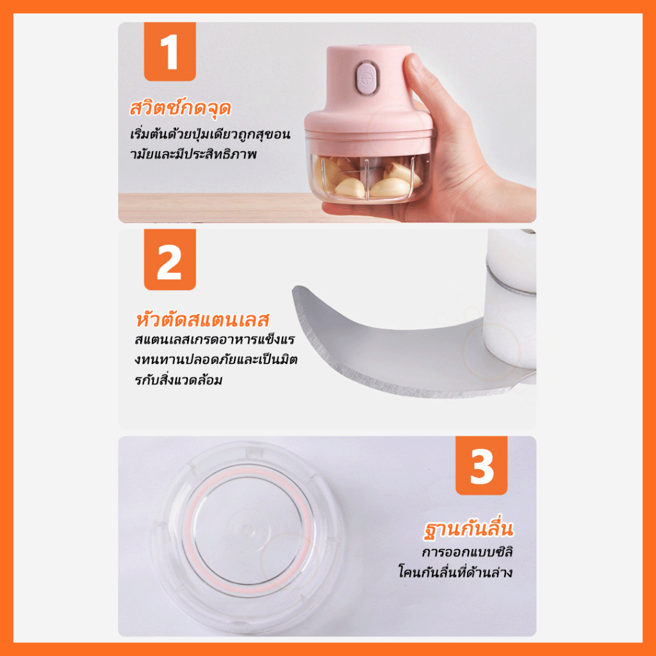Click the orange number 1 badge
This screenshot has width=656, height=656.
pyautogui.click(x=170, y=51)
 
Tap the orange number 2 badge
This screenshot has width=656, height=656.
pyautogui.click(x=170, y=259)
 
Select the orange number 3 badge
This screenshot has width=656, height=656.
pyautogui.click(x=482, y=466)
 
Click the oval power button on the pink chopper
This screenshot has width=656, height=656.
pyautogui.click(x=366, y=78)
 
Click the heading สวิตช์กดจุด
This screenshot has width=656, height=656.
pyautogui.click(x=180, y=108)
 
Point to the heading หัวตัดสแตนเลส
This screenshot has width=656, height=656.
pyautogui.click(x=202, y=320)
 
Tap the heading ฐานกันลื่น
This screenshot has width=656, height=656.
pyautogui.click(x=468, y=529)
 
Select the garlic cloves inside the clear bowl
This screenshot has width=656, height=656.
pyautogui.click(x=364, y=178)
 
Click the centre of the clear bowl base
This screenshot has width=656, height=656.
pyautogui.click(x=249, y=531)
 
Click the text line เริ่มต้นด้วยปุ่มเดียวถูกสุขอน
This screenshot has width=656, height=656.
pyautogui.click(x=210, y=135)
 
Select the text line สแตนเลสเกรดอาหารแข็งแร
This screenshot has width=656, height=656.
pyautogui.click(x=215, y=340)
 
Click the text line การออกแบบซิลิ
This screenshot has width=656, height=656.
pyautogui.click(x=467, y=552)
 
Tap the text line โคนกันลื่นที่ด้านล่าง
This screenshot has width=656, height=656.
pyautogui.click(x=455, y=572)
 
